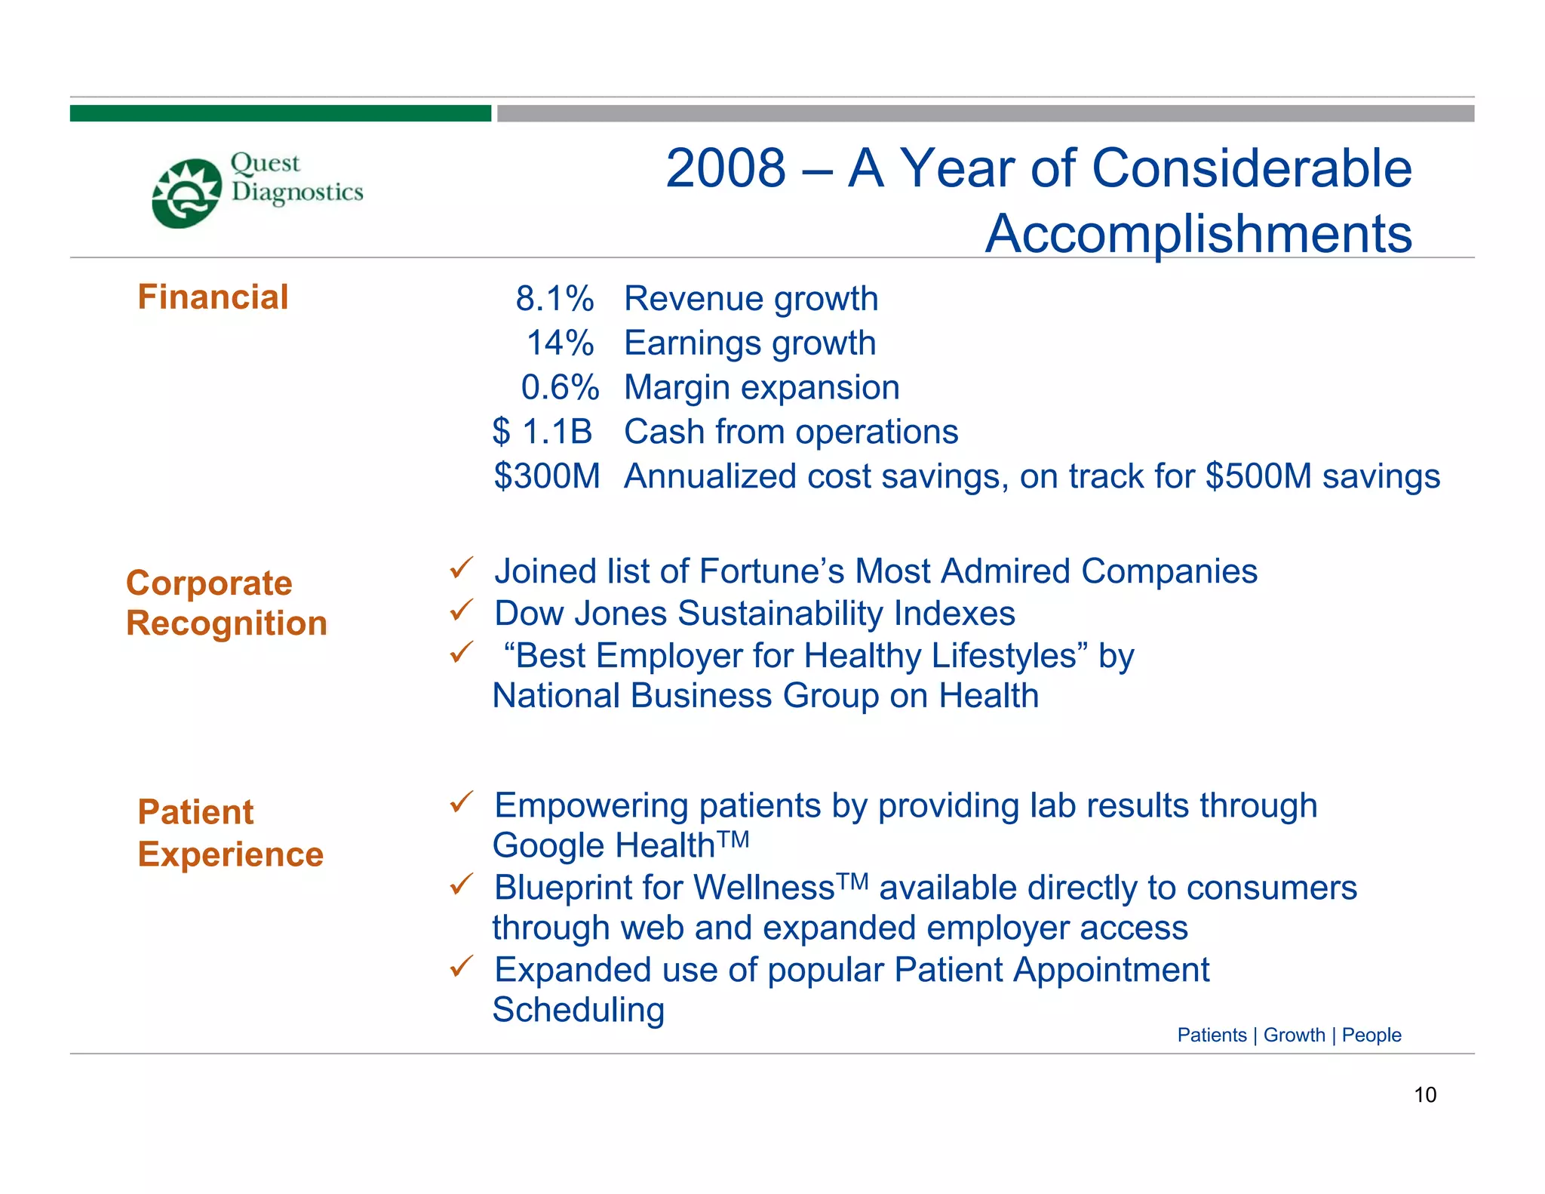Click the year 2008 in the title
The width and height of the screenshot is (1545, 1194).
pyautogui.click(x=726, y=168)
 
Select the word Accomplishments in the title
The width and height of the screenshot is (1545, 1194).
pyautogui.click(x=1198, y=233)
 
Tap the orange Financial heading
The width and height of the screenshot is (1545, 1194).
pyautogui.click(x=213, y=297)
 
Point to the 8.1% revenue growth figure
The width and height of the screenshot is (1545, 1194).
pyautogui.click(x=554, y=299)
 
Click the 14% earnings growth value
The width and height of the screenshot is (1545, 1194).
pyautogui.click(x=560, y=343)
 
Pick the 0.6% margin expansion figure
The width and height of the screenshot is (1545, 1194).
pyautogui.click(x=560, y=388)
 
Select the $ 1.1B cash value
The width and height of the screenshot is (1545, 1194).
pyautogui.click(x=542, y=432)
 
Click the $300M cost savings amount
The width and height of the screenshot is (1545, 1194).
pyautogui.click(x=547, y=476)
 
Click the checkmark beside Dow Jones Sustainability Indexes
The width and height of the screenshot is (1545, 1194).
pyautogui.click(x=461, y=609)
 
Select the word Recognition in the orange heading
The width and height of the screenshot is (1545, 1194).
pyautogui.click(x=226, y=623)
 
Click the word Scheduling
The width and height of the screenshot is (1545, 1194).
pyautogui.click(x=579, y=1010)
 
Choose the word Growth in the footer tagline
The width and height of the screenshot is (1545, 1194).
pyautogui.click(x=1294, y=1035)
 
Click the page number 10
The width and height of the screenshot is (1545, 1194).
pyautogui.click(x=1424, y=1094)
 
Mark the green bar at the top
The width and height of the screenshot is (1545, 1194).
pyautogui.click(x=281, y=113)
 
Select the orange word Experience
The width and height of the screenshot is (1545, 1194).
pyautogui.click(x=230, y=854)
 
